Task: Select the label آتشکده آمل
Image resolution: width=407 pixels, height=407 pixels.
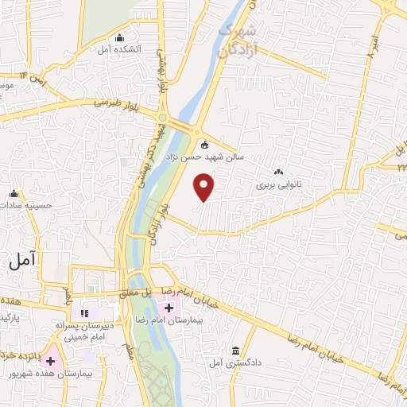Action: click(x=120, y=49)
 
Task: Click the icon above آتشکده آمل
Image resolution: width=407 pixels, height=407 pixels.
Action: click(x=120, y=37)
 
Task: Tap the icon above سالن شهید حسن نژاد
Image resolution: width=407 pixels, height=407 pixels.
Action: click(x=204, y=145)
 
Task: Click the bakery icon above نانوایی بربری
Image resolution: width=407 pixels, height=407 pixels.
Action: click(x=278, y=172)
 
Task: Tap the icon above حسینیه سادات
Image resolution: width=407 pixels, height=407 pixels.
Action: click(x=14, y=193)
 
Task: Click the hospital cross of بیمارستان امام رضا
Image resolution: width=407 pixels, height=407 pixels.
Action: click(x=169, y=308)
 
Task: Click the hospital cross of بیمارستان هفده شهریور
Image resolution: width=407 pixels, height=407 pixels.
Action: click(x=51, y=361)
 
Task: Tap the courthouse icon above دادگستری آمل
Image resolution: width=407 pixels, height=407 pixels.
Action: click(x=236, y=351)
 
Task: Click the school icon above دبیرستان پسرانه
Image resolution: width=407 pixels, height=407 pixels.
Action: click(x=85, y=313)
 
